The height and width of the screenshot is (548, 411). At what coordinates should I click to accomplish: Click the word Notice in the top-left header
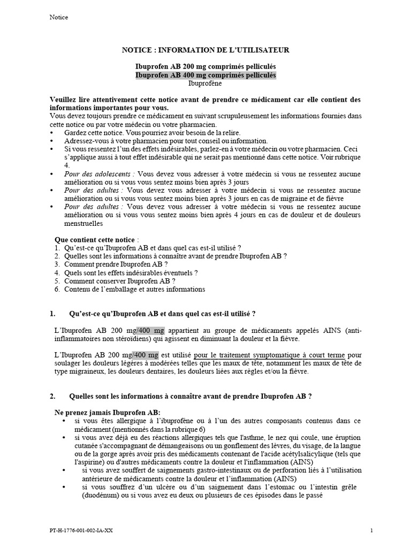pos(58,17)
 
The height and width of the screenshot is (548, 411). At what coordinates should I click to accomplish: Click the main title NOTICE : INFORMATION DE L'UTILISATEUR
pos(205,50)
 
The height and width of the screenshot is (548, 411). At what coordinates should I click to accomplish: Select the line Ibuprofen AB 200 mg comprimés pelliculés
pos(205,66)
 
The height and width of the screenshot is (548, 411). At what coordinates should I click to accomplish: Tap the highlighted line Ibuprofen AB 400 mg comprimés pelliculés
pos(205,75)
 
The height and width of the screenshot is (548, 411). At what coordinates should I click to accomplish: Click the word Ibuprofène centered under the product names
pos(205,83)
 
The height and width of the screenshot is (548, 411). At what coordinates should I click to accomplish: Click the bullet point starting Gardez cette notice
pos(153,132)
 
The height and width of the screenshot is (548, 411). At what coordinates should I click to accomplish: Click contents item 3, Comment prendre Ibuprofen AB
pos(116,264)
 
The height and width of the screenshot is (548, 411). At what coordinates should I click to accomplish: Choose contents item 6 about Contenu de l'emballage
pos(134,289)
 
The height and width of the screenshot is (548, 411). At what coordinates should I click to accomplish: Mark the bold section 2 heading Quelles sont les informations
pos(191,397)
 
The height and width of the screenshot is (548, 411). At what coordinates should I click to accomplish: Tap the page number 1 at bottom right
pos(371,530)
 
